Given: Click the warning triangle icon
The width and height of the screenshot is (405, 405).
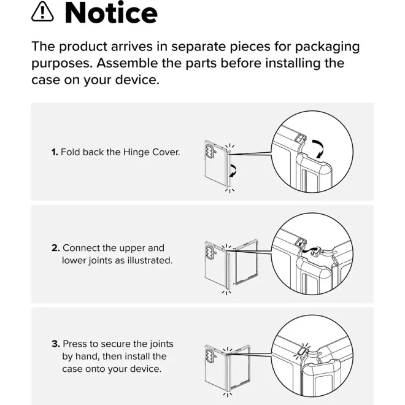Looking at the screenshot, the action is (x=42, y=12).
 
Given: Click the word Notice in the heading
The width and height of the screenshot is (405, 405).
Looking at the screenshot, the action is (x=111, y=13).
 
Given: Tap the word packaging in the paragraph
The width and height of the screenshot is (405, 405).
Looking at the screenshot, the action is (x=327, y=47).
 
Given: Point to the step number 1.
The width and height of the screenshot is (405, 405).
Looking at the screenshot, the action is (x=55, y=152).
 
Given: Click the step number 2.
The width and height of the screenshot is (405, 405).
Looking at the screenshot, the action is (x=56, y=248).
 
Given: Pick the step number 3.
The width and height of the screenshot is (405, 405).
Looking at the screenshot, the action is (x=56, y=344).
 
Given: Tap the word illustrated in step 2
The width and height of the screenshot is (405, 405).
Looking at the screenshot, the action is (x=150, y=260).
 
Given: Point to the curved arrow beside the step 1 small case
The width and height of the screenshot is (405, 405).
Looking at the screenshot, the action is (x=233, y=170).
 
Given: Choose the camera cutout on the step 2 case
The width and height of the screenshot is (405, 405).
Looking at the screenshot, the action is (x=209, y=252).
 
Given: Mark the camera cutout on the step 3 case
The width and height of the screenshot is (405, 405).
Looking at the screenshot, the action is (x=209, y=355).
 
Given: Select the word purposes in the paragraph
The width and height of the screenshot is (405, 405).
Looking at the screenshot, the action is (x=62, y=64).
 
